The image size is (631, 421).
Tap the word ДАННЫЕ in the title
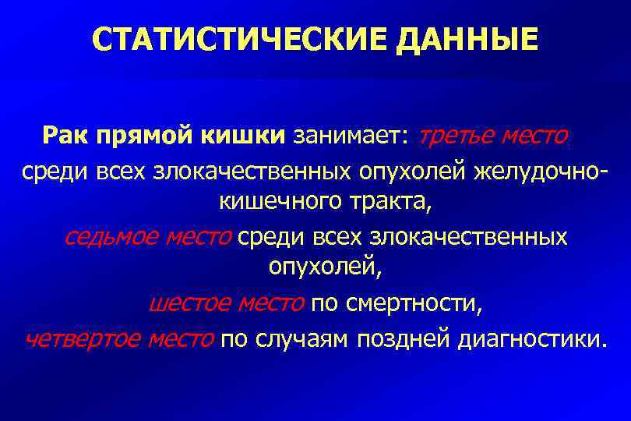pos(467,38)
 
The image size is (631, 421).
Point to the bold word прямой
pos(138,136)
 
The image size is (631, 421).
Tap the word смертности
pos(421,303)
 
